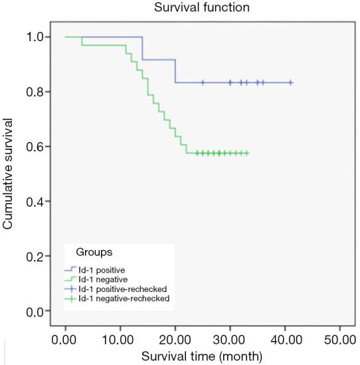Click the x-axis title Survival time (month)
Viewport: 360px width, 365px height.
tap(203, 356)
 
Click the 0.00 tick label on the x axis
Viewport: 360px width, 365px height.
tap(65, 340)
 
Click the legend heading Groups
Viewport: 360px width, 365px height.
tap(88, 253)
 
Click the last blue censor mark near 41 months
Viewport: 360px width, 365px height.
tap(290, 82)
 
